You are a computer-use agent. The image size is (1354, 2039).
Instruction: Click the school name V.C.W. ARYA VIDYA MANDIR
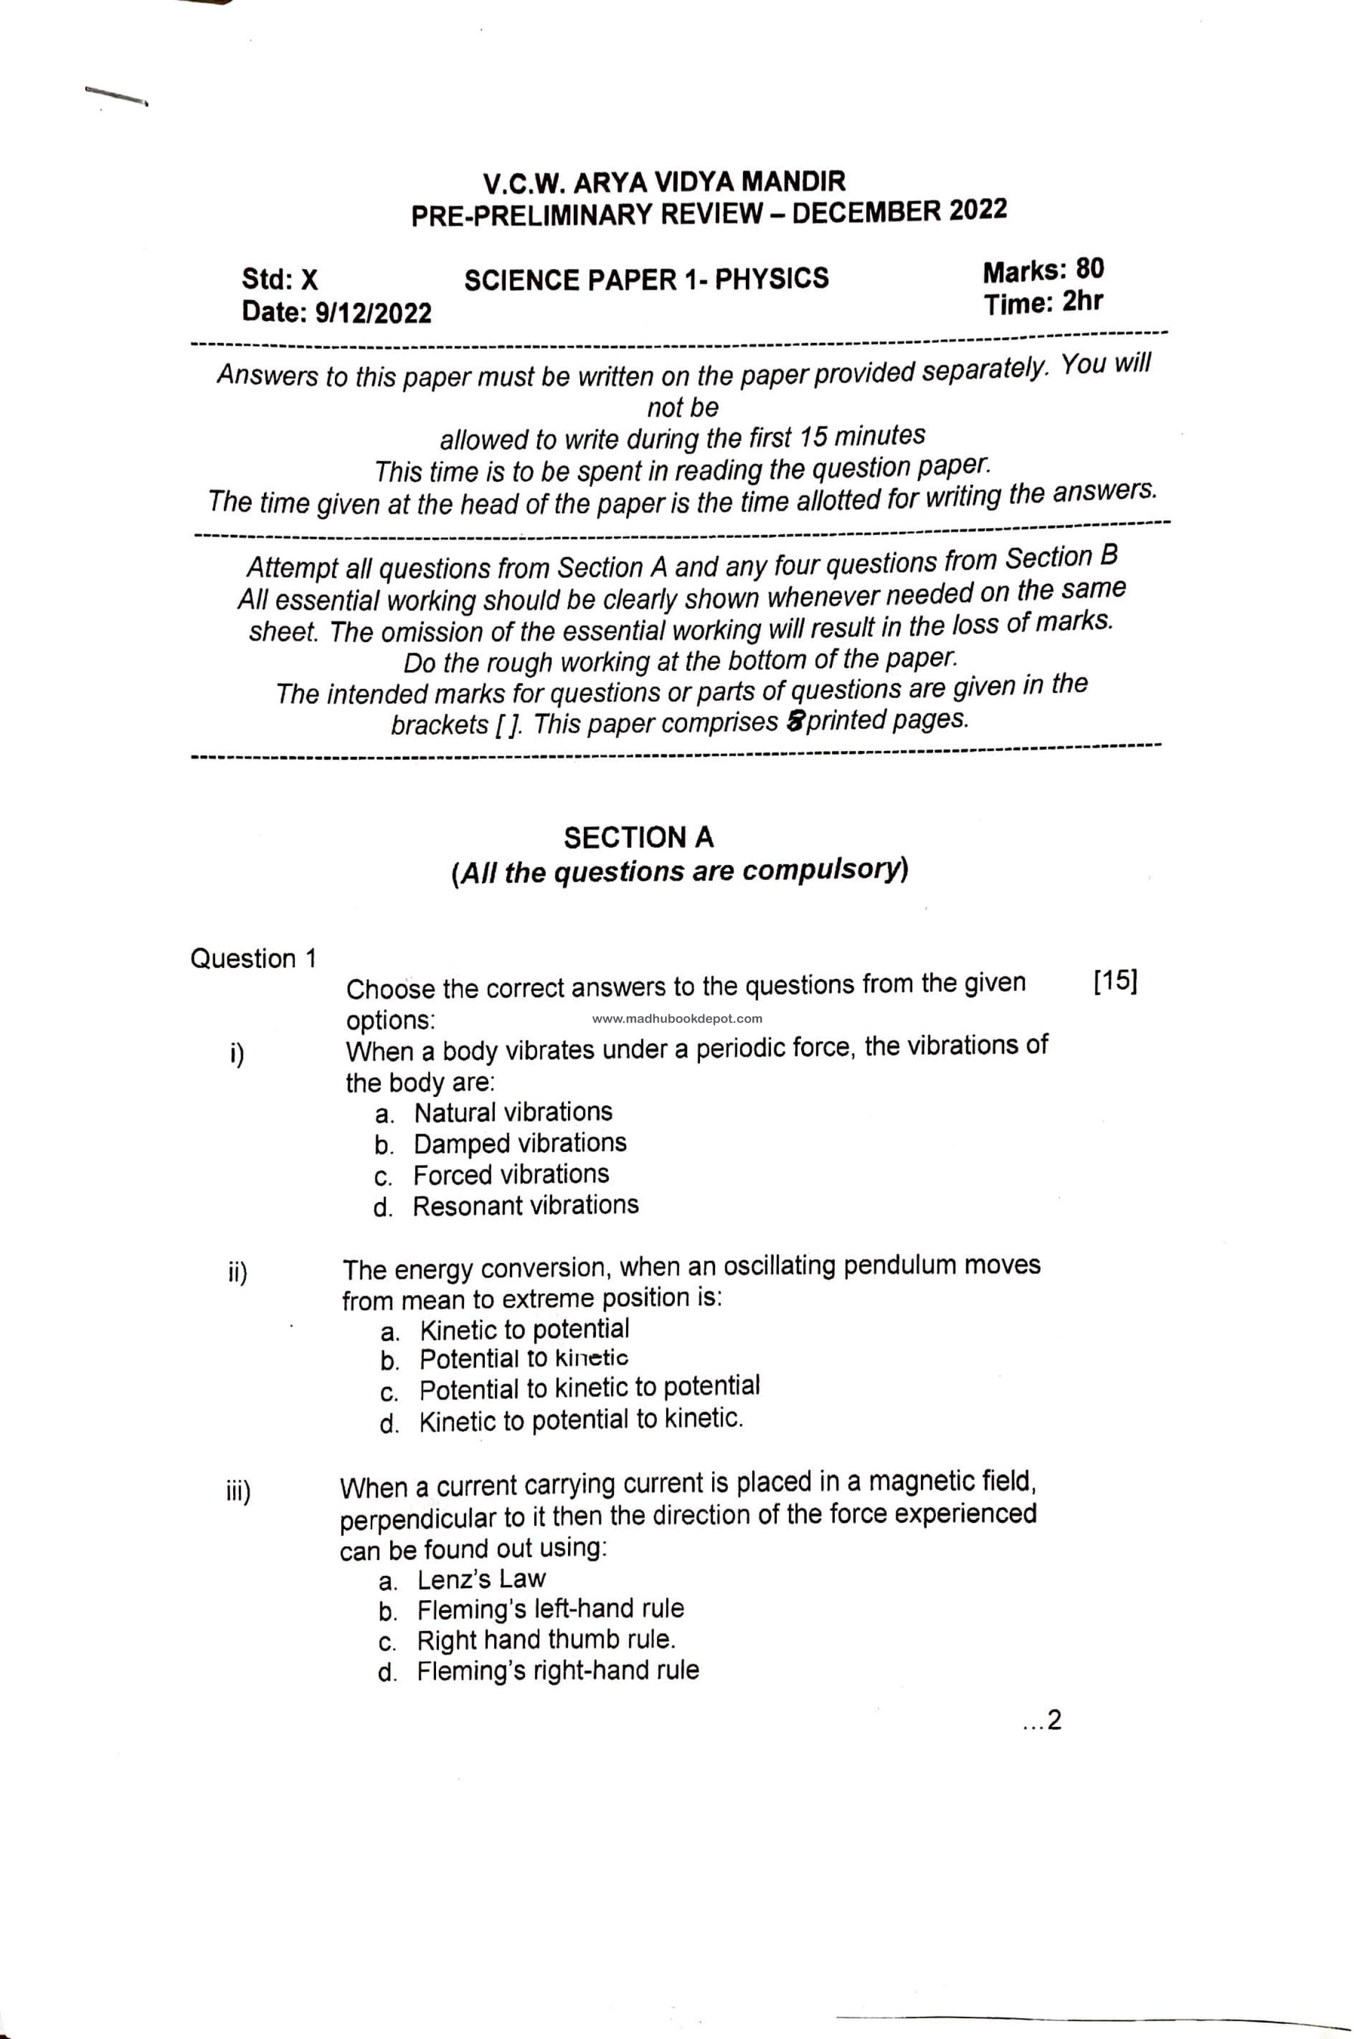click(x=664, y=182)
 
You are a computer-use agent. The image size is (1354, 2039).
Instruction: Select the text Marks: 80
click(x=1042, y=271)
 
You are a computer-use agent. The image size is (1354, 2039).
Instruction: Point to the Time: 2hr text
click(x=1042, y=303)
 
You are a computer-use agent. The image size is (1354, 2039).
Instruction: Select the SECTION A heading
click(x=639, y=838)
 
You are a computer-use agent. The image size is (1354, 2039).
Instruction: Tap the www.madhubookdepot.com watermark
click(x=677, y=1019)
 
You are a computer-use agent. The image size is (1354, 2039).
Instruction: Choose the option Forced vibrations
click(x=510, y=1175)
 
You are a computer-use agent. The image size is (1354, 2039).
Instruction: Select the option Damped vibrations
click(x=520, y=1144)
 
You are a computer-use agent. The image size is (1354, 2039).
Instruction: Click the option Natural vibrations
click(x=513, y=1112)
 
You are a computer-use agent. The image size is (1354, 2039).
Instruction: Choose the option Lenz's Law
click(x=481, y=1580)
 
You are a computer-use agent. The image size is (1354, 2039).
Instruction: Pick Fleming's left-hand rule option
click(x=550, y=1610)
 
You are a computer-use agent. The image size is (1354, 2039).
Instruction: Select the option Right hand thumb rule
click(x=546, y=1640)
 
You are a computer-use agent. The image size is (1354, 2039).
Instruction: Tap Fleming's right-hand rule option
click(x=557, y=1671)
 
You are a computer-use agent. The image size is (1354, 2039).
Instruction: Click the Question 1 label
click(x=253, y=959)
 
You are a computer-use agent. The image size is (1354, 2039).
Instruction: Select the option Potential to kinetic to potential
click(x=589, y=1387)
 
